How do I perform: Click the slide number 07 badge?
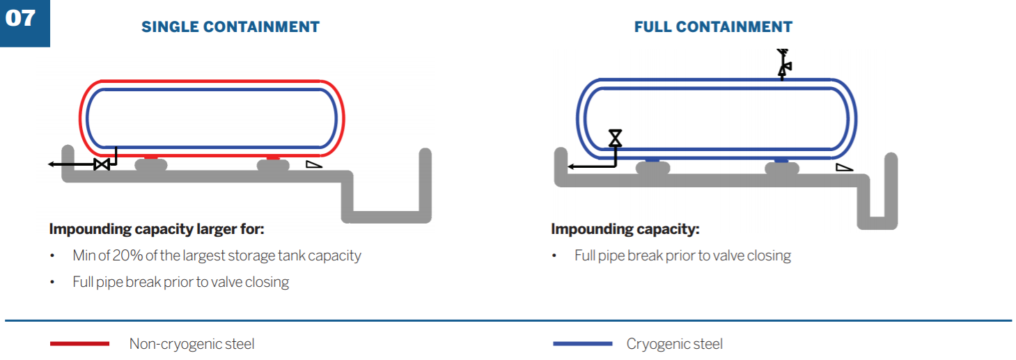tap(22, 20)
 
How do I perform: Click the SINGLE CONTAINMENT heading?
tap(230, 27)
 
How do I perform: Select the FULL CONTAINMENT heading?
tap(713, 27)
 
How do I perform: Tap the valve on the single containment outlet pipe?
tap(102, 164)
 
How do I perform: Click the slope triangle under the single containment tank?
tap(314, 164)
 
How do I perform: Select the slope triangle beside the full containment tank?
tap(844, 167)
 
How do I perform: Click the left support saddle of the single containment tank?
tap(151, 165)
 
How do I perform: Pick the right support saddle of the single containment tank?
tap(273, 165)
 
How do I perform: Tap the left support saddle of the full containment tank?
tap(652, 168)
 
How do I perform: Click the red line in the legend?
tap(79, 344)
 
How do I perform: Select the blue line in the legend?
tap(582, 344)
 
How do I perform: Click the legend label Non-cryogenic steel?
tap(192, 344)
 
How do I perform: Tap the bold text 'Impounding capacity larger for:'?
tap(157, 229)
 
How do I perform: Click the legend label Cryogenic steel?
tap(674, 344)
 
